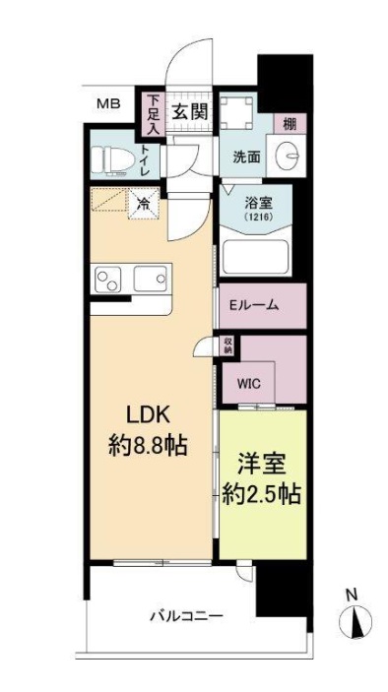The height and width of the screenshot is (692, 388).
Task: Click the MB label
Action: [x=107, y=103]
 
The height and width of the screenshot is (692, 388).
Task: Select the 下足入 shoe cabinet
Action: [x=153, y=112]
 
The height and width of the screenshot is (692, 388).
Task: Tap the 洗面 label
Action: [x=246, y=156]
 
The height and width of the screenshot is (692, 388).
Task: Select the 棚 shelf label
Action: [x=287, y=123]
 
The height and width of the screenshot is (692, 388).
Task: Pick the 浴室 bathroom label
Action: [x=259, y=206]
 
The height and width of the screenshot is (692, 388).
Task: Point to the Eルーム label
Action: [x=253, y=305]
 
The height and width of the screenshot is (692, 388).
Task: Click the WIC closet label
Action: [x=249, y=384]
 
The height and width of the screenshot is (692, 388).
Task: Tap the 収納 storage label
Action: [x=227, y=346]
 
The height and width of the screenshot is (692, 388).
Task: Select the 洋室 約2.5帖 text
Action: [x=262, y=477]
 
